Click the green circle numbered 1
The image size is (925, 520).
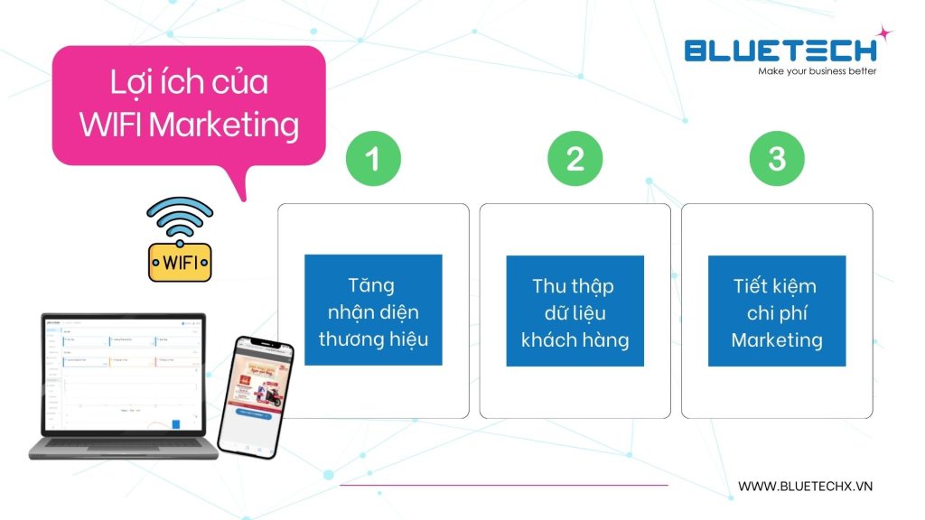coord(372,159)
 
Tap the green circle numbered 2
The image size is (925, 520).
coord(575,159)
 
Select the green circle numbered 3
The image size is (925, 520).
coord(777,159)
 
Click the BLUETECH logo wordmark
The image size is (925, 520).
coord(779,50)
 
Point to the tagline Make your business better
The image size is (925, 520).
coord(817,71)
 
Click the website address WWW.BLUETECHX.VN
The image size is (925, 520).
coord(806,486)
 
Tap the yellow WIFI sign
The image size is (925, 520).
coord(180,263)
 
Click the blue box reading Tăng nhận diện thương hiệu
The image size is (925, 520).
coord(373,311)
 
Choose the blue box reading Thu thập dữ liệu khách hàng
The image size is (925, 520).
coord(575,311)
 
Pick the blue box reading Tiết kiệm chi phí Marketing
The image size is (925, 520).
coord(777,311)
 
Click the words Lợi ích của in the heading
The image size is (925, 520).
coord(189,83)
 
